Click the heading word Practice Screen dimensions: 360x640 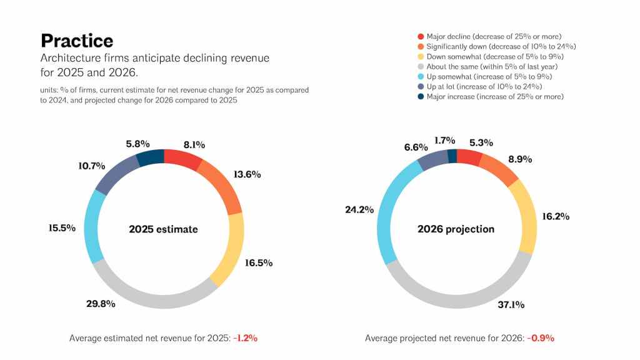coord(77,41)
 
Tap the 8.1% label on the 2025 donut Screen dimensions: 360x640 coord(194,145)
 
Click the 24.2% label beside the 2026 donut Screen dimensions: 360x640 coord(359,210)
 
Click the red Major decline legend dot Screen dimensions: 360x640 coord(421,37)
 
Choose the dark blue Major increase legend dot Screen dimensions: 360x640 coord(421,96)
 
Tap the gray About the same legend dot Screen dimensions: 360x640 coord(421,67)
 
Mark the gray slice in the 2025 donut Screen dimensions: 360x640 coord(150,292)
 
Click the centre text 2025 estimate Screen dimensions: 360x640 coord(163,229)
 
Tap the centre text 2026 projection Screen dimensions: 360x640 coord(456,229)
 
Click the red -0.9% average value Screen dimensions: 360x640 coord(541,338)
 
